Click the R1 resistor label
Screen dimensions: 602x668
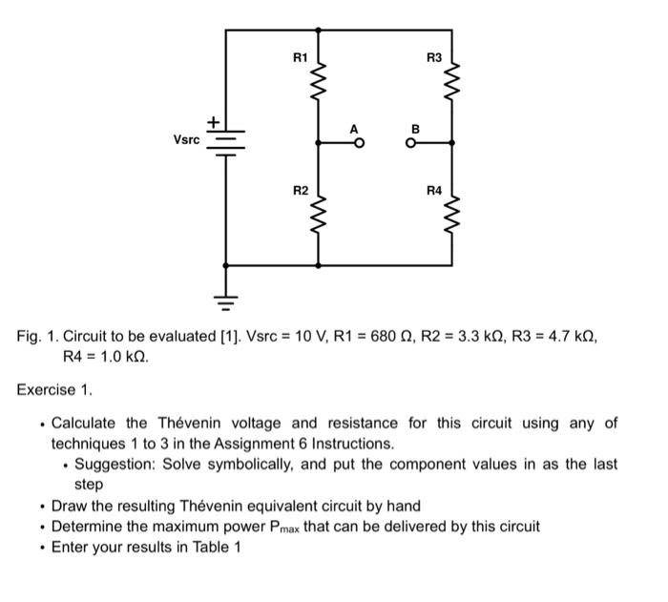click(300, 58)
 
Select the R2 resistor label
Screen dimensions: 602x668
click(300, 192)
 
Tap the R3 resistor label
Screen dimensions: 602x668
click(433, 58)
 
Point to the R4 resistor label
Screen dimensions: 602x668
click(434, 192)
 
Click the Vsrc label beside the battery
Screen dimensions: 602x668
click(187, 139)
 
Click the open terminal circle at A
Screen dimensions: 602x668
click(359, 144)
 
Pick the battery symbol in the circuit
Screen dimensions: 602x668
click(226, 141)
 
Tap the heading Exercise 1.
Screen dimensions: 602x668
click(55, 388)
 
